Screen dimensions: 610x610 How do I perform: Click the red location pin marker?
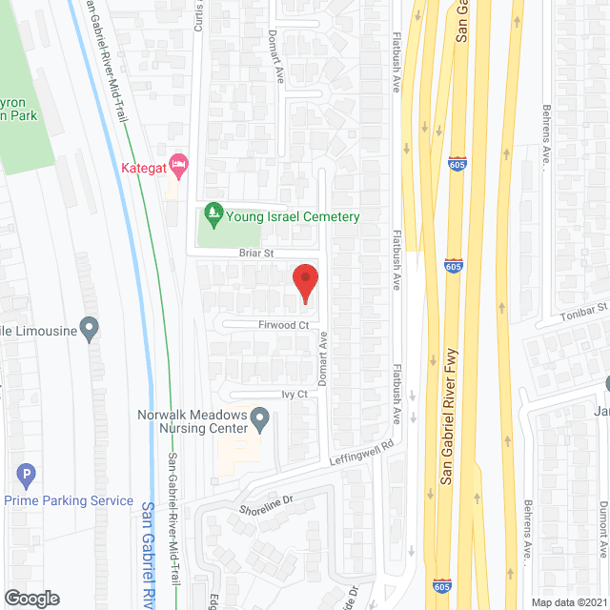[x=304, y=283]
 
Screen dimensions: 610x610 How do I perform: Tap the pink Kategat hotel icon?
[x=177, y=165]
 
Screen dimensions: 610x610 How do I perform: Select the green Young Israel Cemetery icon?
[x=213, y=216]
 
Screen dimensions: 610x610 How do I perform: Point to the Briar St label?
[x=255, y=254]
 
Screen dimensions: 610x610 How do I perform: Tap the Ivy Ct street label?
[x=295, y=394]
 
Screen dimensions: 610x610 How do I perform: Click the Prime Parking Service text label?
[x=68, y=500]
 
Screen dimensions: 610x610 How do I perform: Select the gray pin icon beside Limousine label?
[x=90, y=330]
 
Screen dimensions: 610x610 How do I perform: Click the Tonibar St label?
[x=584, y=312]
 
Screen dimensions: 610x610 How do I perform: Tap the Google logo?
[x=30, y=598]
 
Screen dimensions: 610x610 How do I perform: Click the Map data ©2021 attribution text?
[x=568, y=601]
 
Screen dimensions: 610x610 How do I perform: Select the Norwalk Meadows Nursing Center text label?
[x=192, y=421]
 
